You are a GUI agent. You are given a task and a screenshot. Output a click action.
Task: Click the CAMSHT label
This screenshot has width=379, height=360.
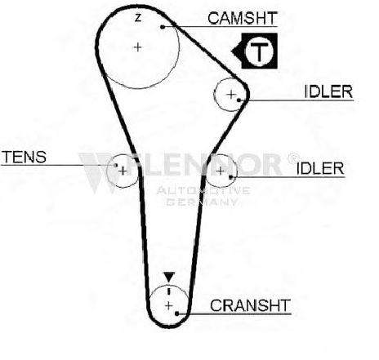click(243, 18)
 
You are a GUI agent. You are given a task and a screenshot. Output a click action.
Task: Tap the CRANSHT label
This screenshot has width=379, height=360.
click(250, 305)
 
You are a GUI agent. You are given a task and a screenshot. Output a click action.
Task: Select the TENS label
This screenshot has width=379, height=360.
click(24, 157)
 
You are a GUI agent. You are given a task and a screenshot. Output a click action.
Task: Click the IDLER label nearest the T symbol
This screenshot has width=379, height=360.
click(328, 91)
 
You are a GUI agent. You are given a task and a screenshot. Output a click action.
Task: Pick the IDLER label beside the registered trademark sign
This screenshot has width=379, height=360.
click(320, 168)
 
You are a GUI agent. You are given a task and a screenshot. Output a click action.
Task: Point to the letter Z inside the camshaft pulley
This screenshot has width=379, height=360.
click(138, 18)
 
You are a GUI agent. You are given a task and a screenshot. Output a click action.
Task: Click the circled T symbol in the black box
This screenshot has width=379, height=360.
click(259, 51)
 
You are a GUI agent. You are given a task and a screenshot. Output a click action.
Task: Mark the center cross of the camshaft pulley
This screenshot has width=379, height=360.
click(138, 47)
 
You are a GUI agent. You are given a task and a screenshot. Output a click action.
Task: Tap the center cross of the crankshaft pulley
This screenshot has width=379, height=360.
click(169, 306)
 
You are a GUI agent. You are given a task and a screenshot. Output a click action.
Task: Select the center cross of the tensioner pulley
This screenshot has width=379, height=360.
click(123, 171)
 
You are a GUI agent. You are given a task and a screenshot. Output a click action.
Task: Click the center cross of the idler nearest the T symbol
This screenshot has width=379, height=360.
click(231, 95)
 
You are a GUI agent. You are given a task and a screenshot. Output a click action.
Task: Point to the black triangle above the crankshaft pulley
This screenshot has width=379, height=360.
click(169, 277)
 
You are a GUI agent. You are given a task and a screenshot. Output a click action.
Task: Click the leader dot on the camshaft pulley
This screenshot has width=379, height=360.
click(163, 27)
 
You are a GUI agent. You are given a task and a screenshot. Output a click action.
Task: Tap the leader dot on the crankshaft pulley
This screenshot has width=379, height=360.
click(176, 313)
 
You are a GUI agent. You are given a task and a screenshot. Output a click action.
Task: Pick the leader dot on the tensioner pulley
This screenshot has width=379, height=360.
click(116, 165)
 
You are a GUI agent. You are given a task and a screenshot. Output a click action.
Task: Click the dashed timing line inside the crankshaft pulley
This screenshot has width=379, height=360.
click(169, 290)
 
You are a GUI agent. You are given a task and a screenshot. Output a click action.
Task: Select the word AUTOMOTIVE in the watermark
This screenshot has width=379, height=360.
click(203, 190)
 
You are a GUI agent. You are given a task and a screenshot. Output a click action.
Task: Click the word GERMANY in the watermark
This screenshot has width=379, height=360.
click(202, 202)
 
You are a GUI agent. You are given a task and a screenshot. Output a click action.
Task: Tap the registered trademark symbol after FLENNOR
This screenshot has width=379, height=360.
click(293, 158)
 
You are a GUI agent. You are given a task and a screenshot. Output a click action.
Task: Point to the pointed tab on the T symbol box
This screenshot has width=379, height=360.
click(234, 51)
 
